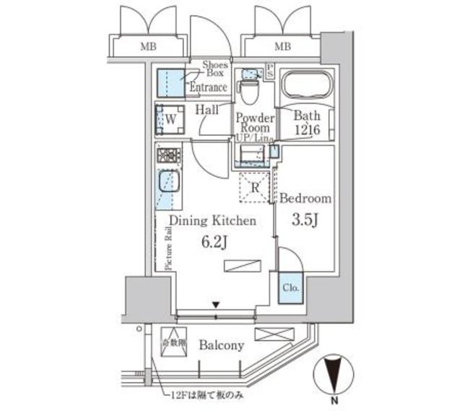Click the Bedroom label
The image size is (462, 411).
point(305,198)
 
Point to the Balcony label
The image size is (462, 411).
point(222,345)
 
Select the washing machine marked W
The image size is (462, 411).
point(170,119)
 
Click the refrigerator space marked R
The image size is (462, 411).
point(253,187)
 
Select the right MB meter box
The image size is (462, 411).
point(282,48)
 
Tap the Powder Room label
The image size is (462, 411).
point(253,123)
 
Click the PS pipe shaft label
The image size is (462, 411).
point(270,70)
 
